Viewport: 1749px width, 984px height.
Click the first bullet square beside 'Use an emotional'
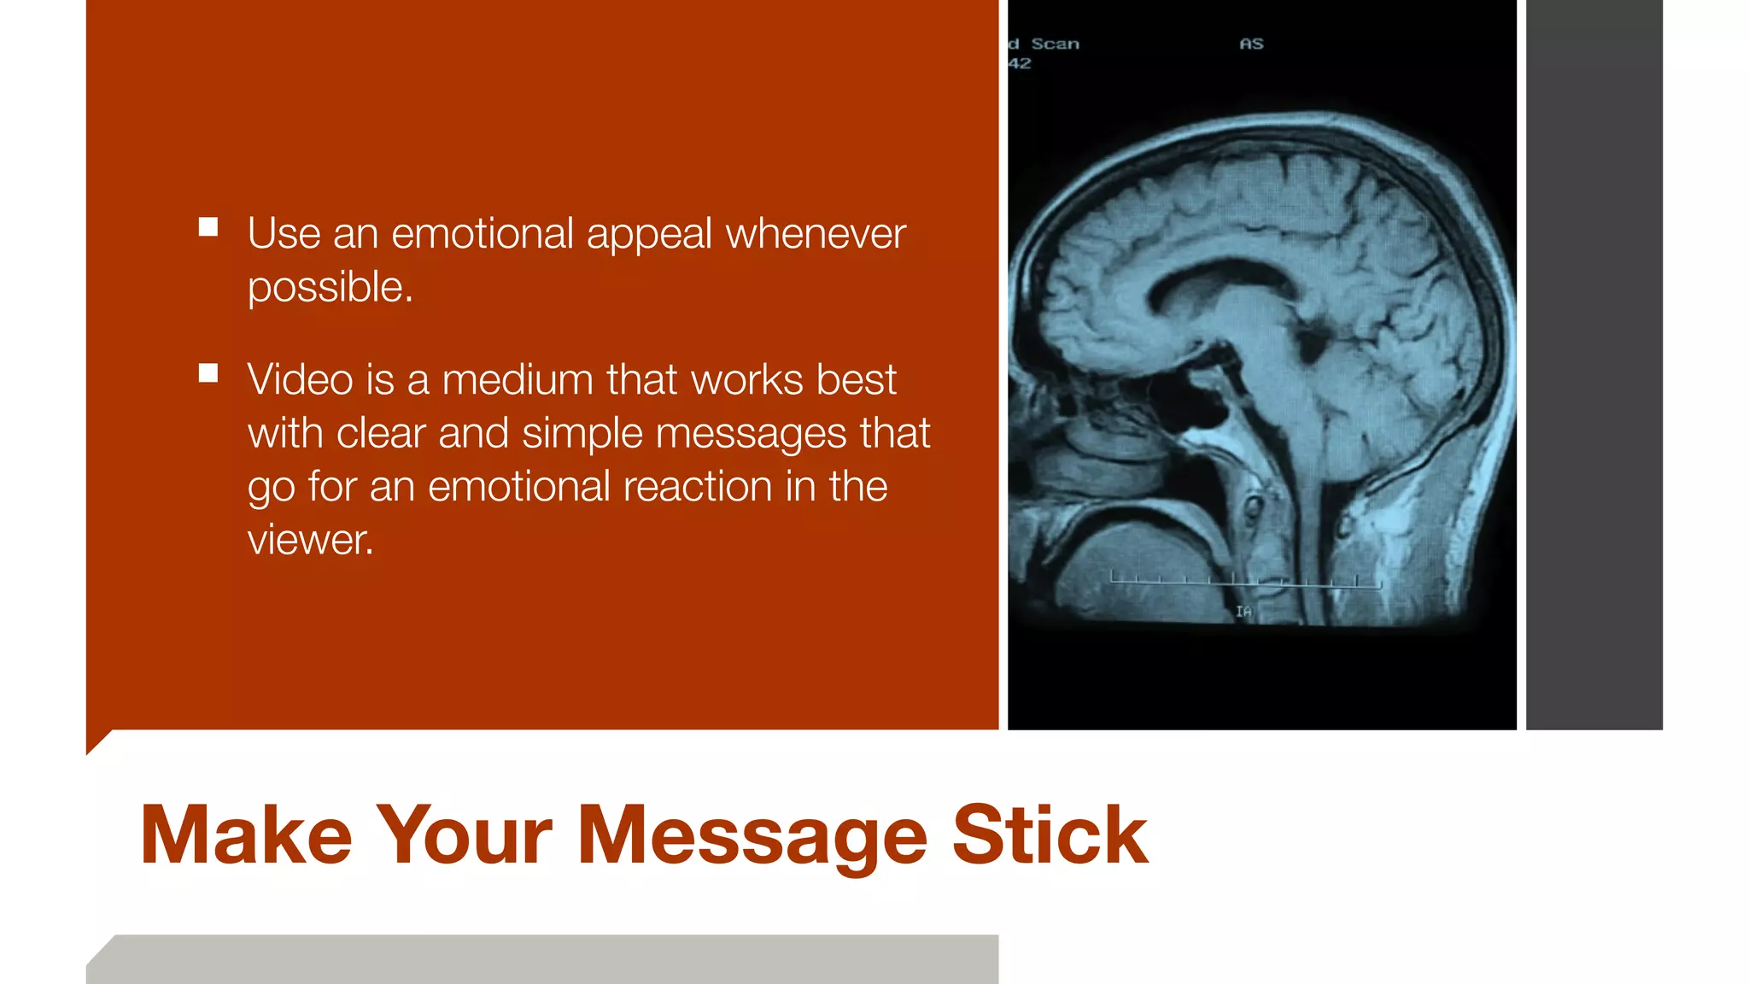(208, 227)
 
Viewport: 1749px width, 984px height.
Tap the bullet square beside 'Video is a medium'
(208, 373)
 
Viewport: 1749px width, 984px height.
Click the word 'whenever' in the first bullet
(815, 234)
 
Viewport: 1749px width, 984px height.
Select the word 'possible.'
(330, 288)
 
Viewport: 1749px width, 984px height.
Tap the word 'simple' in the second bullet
(582, 434)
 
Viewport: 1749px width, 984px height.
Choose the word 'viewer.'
(310, 540)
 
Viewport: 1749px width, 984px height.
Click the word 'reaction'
(697, 487)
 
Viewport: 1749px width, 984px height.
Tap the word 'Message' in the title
(752, 837)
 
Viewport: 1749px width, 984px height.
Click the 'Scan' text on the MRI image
(1055, 44)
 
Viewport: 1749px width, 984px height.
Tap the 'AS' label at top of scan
(1251, 44)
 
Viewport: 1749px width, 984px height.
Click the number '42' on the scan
(1020, 64)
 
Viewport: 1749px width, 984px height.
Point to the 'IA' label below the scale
(1243, 612)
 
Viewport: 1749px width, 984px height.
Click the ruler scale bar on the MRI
(1245, 582)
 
